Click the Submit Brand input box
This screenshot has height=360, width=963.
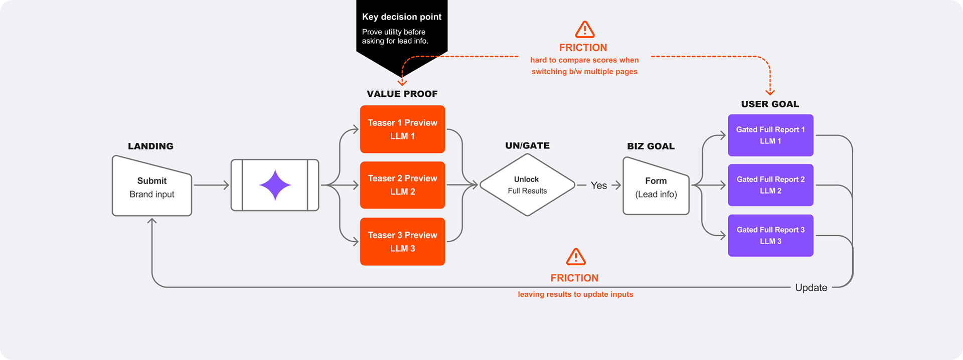pyautogui.click(x=152, y=187)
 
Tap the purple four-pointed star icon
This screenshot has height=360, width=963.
pyautogui.click(x=275, y=185)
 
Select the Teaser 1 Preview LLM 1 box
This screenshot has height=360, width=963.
pyautogui.click(x=402, y=129)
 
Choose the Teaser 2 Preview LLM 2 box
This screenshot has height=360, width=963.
pyautogui.click(x=402, y=185)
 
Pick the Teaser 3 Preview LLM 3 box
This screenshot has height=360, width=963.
pyautogui.click(x=402, y=241)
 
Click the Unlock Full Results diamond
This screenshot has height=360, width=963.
pyautogui.click(x=527, y=185)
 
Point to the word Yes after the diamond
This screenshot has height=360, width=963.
pyautogui.click(x=598, y=186)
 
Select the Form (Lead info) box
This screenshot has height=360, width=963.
pyautogui.click(x=656, y=187)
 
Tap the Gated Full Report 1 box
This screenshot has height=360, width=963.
pyautogui.click(x=770, y=135)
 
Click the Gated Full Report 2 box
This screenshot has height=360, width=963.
pyautogui.click(x=770, y=185)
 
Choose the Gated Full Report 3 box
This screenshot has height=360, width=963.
pyautogui.click(x=770, y=236)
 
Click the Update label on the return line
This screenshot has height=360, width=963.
pyautogui.click(x=811, y=288)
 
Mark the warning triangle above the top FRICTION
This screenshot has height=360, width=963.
pyautogui.click(x=584, y=30)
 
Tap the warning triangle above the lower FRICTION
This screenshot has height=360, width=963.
pyautogui.click(x=576, y=257)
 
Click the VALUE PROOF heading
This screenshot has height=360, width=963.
pyautogui.click(x=402, y=94)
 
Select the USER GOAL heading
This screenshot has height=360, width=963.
pyautogui.click(x=770, y=104)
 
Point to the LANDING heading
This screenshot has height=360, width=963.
pyautogui.click(x=150, y=146)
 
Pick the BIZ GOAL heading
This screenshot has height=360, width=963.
pyautogui.click(x=651, y=146)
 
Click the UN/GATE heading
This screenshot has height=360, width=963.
pyautogui.click(x=527, y=146)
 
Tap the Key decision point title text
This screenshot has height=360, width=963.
pyautogui.click(x=402, y=17)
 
